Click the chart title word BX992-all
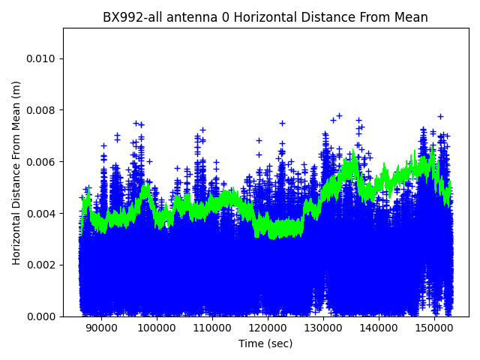[130, 18]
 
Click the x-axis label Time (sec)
[265, 343]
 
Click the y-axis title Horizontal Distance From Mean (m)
[16, 172]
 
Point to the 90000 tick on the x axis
[100, 328]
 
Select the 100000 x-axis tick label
[156, 328]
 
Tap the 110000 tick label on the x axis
[211, 328]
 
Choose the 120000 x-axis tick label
[267, 328]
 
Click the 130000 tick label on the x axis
[322, 328]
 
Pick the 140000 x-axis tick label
[378, 328]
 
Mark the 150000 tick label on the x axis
[433, 328]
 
